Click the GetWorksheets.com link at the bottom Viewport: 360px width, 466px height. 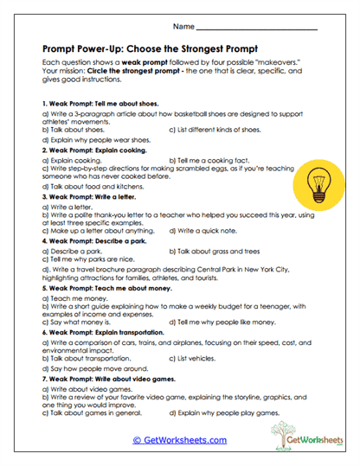coord(179,439)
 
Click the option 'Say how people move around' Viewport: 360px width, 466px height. coord(89,367)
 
